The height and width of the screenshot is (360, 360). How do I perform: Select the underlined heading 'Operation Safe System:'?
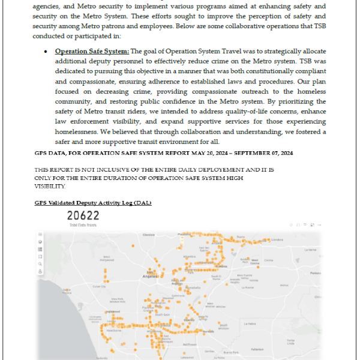pyautogui.click(x=91, y=52)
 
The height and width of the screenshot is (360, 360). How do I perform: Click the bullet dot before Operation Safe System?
pyautogui.click(x=46, y=52)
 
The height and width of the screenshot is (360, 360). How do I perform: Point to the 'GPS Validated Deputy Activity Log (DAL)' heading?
pyautogui.click(x=93, y=203)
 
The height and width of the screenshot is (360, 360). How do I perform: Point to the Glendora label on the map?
pyautogui.click(x=277, y=239)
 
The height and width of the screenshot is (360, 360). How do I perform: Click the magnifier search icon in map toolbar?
pyautogui.click(x=40, y=263)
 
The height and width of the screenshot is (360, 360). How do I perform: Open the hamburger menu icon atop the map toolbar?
pyautogui.click(x=40, y=233)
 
